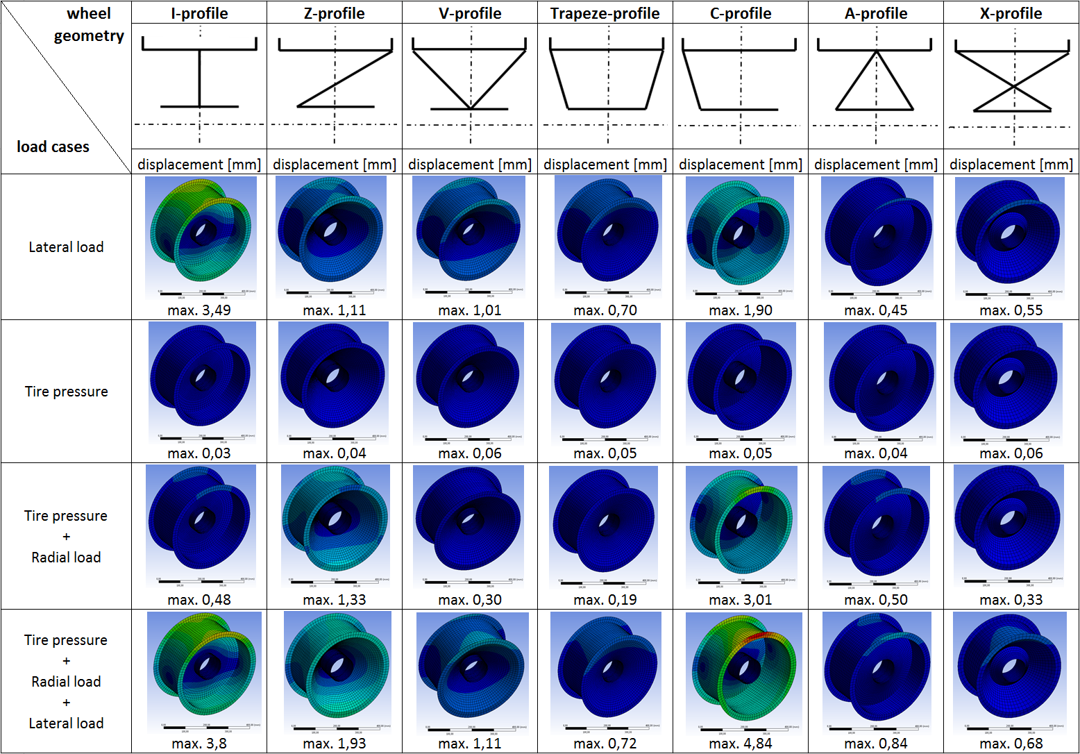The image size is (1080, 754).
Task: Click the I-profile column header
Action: tap(199, 13)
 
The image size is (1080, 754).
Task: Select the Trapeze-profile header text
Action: tap(605, 13)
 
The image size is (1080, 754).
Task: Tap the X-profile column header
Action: tap(1011, 13)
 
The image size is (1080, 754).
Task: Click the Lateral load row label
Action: tap(66, 247)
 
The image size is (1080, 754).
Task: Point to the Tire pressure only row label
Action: tap(66, 392)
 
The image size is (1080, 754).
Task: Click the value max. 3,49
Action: tap(199, 310)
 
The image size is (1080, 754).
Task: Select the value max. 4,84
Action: tap(740, 744)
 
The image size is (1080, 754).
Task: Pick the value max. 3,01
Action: tap(740, 600)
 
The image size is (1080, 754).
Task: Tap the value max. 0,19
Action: tap(605, 600)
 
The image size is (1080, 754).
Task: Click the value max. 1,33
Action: tap(334, 600)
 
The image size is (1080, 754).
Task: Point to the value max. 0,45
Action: tap(875, 310)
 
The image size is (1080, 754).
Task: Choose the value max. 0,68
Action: tap(1011, 744)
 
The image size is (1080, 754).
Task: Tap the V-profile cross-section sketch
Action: tap(470, 78)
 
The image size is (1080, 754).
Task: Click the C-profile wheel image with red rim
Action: tap(743, 672)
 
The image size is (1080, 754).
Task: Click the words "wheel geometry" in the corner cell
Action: tap(89, 25)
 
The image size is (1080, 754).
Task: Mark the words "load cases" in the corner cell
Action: tap(53, 147)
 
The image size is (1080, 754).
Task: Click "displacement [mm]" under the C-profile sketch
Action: tap(740, 165)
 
